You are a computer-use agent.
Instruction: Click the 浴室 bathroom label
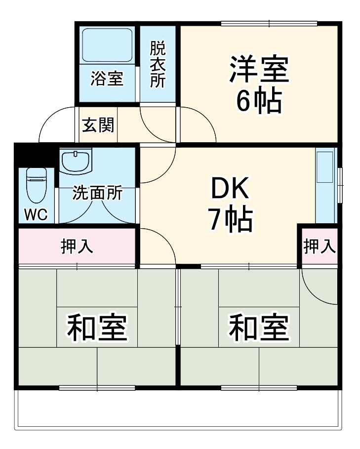[x=107, y=79]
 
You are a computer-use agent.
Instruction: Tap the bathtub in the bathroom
[x=107, y=45]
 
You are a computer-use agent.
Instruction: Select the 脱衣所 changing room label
[x=158, y=64]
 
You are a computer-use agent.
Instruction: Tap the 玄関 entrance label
[x=97, y=125]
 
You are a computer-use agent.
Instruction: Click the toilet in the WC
[x=36, y=185]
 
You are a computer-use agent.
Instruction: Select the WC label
[x=36, y=215]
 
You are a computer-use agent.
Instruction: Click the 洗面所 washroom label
[x=97, y=193]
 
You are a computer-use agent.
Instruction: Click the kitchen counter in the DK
[x=325, y=185]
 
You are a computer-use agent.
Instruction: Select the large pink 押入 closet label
[x=77, y=246]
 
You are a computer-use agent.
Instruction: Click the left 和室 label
[x=97, y=328]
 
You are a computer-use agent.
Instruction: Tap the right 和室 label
[x=259, y=328]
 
